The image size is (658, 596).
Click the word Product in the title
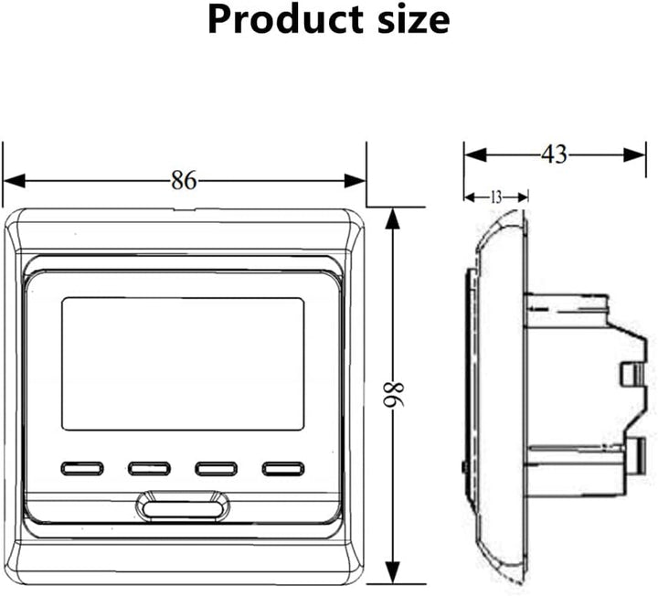click(285, 20)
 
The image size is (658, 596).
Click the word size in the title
click(414, 20)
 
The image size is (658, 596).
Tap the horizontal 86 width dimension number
click(184, 181)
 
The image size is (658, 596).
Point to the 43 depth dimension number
click(554, 154)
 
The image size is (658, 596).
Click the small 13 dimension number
click(496, 197)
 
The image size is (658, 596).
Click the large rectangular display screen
click(183, 364)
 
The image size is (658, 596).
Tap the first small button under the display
click(82, 468)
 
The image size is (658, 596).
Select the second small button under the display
click(149, 468)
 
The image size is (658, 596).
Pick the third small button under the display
click(217, 468)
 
